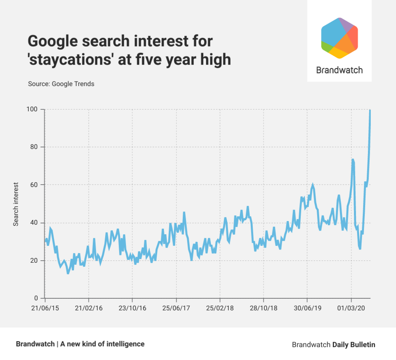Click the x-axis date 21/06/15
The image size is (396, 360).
pyautogui.click(x=45, y=308)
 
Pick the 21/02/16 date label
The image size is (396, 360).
pyautogui.click(x=88, y=308)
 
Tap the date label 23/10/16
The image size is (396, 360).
pyautogui.click(x=132, y=308)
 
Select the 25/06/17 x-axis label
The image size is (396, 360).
pyautogui.click(x=176, y=308)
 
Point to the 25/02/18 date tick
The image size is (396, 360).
pyautogui.click(x=220, y=308)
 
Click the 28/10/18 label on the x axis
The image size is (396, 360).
pyautogui.click(x=264, y=308)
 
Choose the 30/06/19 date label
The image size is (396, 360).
pyautogui.click(x=307, y=308)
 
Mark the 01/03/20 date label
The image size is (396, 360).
pyautogui.click(x=351, y=308)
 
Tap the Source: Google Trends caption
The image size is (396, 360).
pyautogui.click(x=61, y=84)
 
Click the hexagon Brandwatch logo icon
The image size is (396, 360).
pyautogui.click(x=339, y=38)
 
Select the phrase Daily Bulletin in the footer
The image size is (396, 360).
pyautogui.click(x=354, y=344)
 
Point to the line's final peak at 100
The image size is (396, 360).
pyautogui.click(x=370, y=110)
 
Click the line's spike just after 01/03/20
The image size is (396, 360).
pyautogui.click(x=353, y=160)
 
